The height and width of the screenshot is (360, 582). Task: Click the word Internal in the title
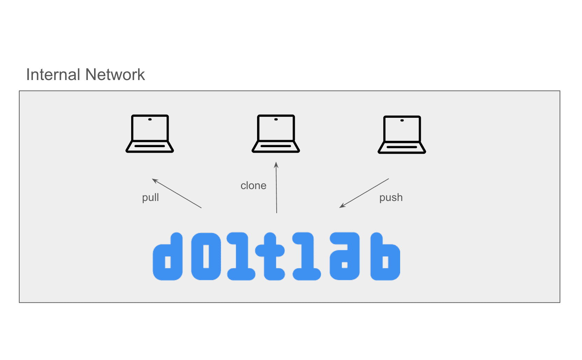[53, 75]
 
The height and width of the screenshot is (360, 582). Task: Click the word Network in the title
[115, 75]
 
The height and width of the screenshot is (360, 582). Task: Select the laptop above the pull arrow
[150, 134]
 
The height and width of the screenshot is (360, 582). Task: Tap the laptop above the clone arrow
[276, 134]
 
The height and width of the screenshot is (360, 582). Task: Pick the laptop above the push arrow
[402, 135]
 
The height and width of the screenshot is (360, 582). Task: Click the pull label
[150, 197]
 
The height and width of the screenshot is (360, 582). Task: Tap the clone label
[253, 186]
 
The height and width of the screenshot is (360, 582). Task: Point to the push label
[391, 197]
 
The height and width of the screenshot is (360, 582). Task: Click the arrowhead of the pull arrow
[154, 180]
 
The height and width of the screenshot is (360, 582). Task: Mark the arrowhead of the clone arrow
[276, 165]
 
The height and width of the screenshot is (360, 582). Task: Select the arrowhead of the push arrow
[342, 206]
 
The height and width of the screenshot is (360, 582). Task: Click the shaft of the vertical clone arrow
[276, 187]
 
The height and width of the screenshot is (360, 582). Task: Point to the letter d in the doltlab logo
[168, 257]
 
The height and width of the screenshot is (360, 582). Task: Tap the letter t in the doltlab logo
[270, 257]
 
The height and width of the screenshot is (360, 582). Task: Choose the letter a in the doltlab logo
[345, 257]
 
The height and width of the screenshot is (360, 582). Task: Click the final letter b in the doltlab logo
[385, 257]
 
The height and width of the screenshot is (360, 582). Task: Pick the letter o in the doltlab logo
[206, 257]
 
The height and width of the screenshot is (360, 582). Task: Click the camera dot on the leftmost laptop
[150, 120]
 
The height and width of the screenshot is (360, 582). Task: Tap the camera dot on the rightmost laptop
[402, 121]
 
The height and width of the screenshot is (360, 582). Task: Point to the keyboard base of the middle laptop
[276, 147]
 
